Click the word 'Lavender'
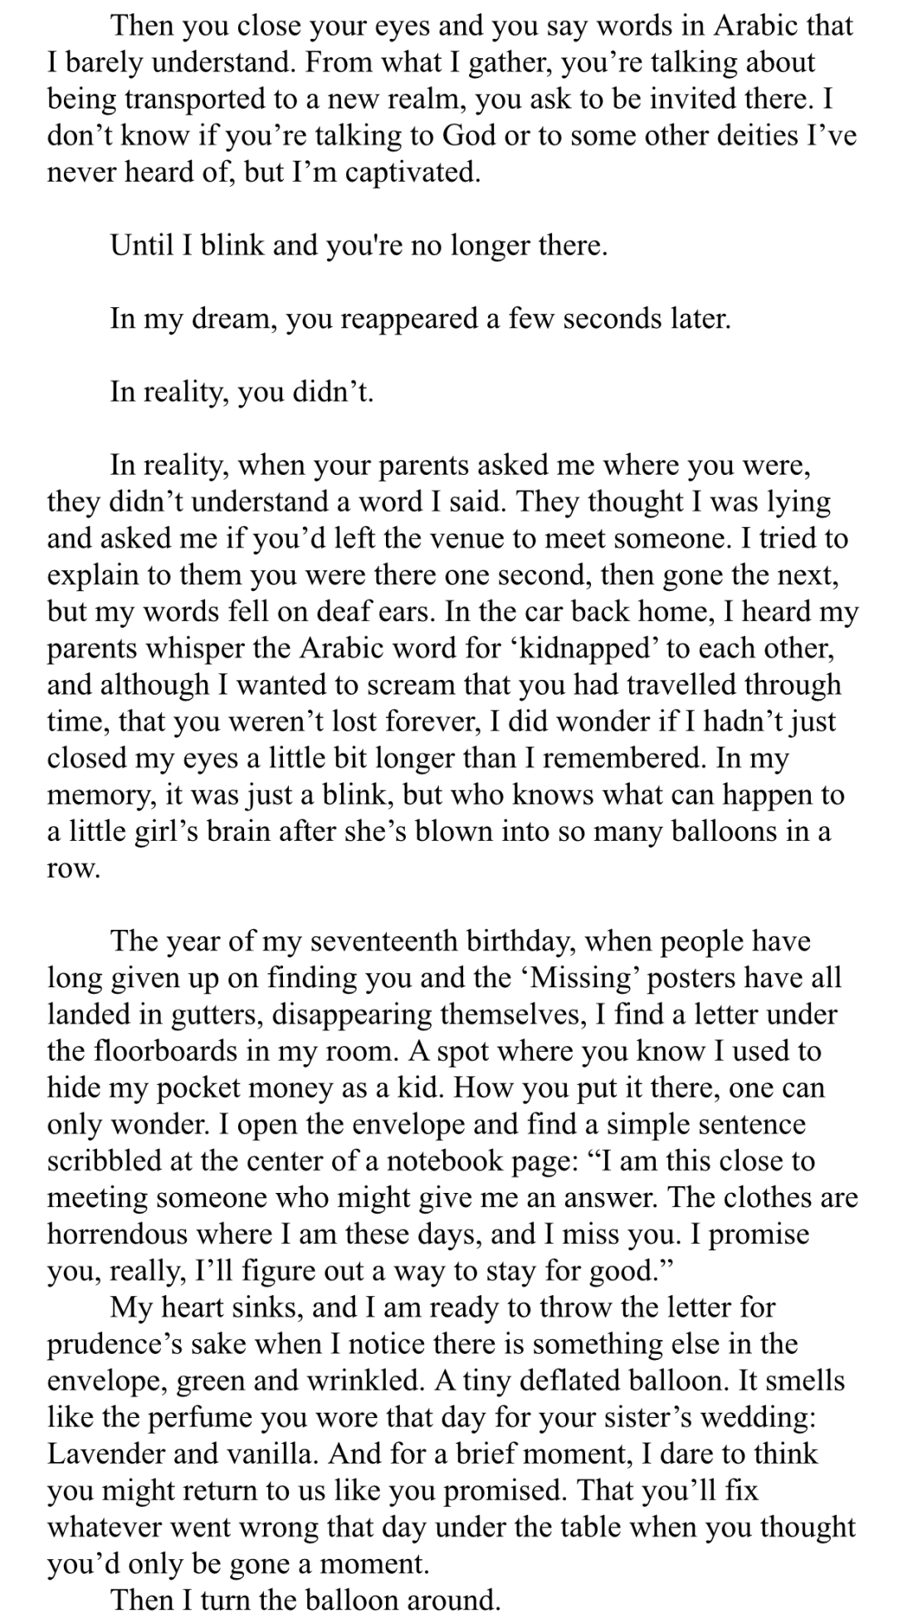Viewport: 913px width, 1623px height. pos(105,1454)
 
